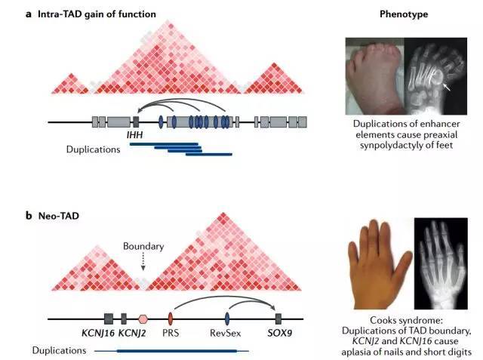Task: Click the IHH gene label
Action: (138, 134)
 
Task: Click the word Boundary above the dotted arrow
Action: (143, 246)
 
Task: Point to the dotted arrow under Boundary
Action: (143, 262)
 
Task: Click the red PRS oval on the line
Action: (171, 318)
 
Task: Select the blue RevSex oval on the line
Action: (227, 318)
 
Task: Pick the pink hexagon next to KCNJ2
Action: (143, 318)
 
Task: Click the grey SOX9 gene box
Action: (278, 318)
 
